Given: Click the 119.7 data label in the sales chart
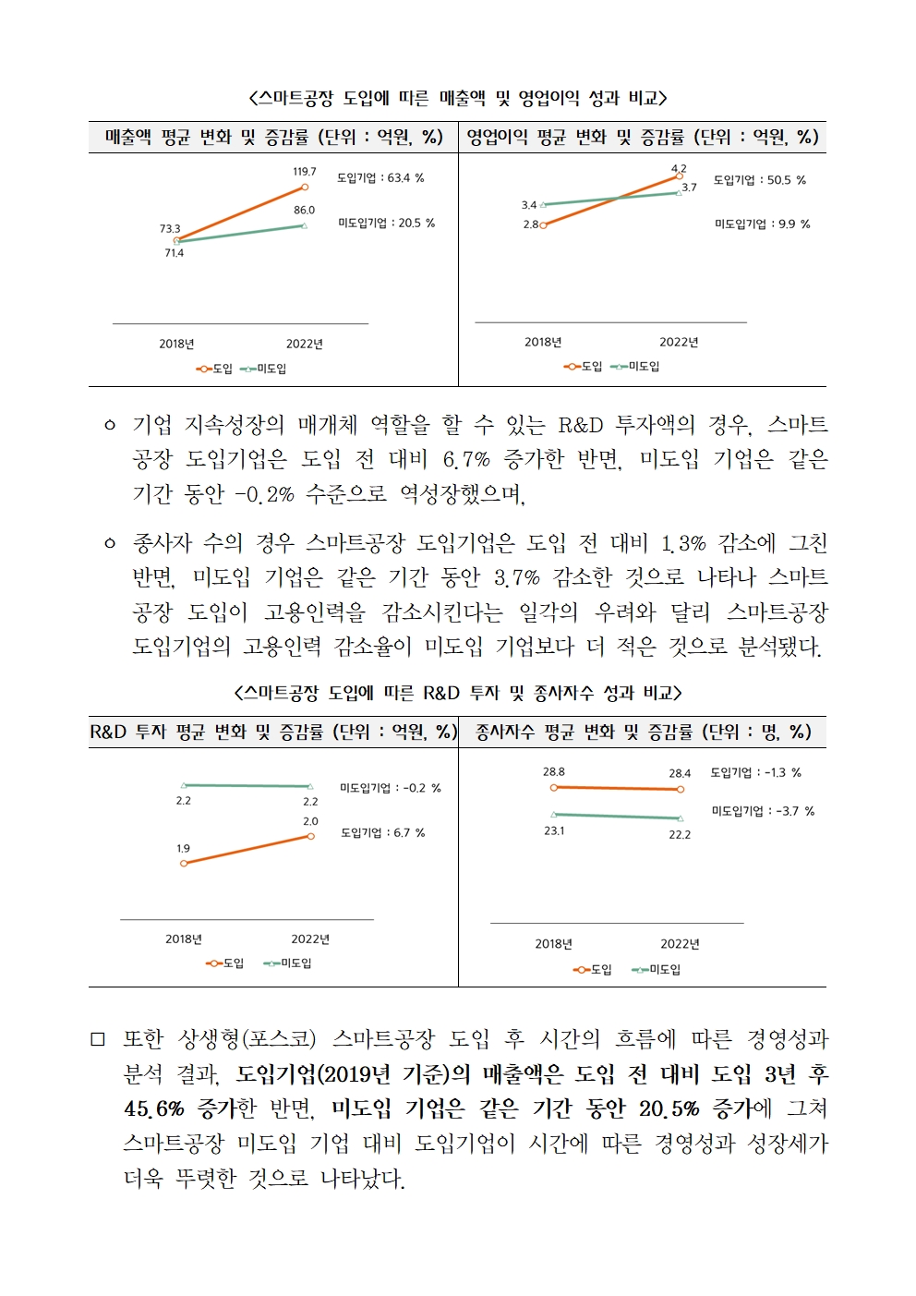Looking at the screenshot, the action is tap(304, 172).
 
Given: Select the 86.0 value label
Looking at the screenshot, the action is tap(304, 210).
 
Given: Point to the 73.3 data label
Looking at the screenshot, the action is tap(170, 228).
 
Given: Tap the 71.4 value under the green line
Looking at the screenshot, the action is tap(175, 253).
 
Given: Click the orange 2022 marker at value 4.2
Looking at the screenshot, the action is tap(679, 176).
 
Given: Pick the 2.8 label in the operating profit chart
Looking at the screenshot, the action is tap(531, 224).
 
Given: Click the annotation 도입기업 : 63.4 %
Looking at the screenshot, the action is tap(380, 178).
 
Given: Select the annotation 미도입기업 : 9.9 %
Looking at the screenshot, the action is tap(762, 224).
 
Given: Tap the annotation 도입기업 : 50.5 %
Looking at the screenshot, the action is tap(759, 180).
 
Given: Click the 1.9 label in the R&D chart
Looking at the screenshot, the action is tap(184, 849).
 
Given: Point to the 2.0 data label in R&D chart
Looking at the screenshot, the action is tap(310, 821).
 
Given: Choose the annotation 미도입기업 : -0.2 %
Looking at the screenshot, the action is tap(391, 788).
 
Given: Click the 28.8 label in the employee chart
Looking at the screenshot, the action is tap(553, 772).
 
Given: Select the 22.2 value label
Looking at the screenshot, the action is tap(680, 835).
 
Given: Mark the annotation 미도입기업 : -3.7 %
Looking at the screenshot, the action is tap(763, 811).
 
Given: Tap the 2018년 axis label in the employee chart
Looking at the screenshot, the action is tap(553, 944).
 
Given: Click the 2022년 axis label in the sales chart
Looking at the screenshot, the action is tap(305, 345).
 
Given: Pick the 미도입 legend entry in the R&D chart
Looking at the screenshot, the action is tap(287, 963).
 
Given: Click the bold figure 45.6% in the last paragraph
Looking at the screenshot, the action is tap(154, 1108).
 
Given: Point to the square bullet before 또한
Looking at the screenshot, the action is tap(97, 1040).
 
